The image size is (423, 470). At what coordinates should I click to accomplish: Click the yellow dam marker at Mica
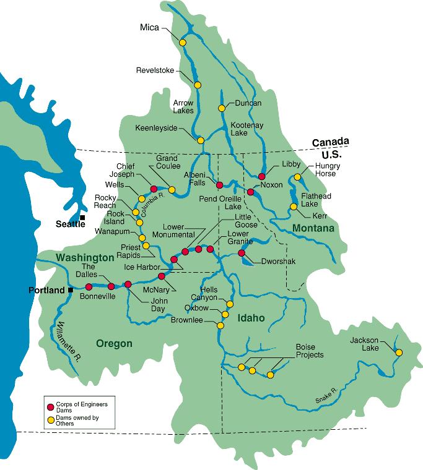pyautogui.click(x=183, y=43)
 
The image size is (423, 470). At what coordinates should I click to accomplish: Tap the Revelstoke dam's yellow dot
pyautogui.click(x=198, y=85)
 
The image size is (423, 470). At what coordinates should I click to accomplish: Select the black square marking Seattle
pyautogui.click(x=82, y=217)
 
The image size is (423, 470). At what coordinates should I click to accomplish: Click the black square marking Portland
pyautogui.click(x=71, y=289)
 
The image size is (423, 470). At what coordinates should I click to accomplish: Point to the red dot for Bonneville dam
pyautogui.click(x=89, y=286)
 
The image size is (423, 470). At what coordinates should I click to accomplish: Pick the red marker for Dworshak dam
pyautogui.click(x=242, y=252)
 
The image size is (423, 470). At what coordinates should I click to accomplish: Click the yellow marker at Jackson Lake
pyautogui.click(x=399, y=352)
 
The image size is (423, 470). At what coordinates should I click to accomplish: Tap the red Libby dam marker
pyautogui.click(x=262, y=177)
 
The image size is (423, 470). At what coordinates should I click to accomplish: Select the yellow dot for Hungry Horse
pyautogui.click(x=297, y=177)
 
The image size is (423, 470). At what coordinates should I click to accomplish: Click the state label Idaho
pyautogui.click(x=250, y=318)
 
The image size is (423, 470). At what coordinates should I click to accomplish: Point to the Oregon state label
pyautogui.click(x=114, y=343)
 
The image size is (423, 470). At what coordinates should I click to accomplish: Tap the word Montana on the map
pyautogui.click(x=313, y=228)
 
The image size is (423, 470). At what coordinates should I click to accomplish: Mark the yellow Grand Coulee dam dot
pyautogui.click(x=172, y=189)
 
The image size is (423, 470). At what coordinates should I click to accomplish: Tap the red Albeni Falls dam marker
pyautogui.click(x=219, y=185)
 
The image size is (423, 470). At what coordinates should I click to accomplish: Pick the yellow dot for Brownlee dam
pyautogui.click(x=220, y=325)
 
